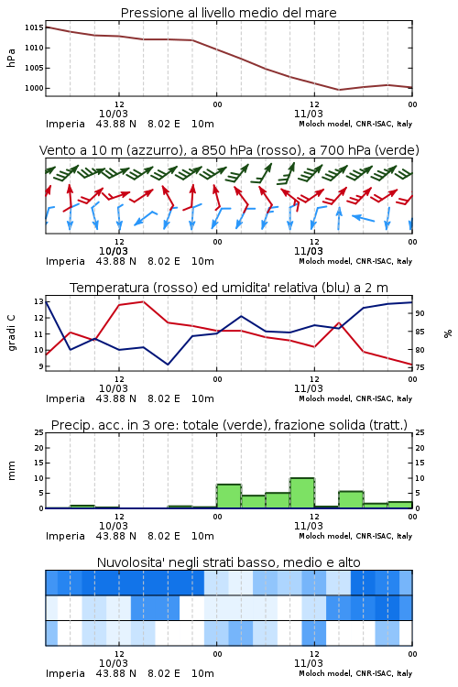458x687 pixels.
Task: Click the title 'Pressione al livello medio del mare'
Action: (228, 13)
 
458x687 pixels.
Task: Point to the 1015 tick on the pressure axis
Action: (34, 27)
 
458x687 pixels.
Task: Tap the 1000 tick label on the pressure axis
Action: (34, 88)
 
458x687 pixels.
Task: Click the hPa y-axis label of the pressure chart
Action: (11, 58)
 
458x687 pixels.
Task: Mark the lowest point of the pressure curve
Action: (339, 90)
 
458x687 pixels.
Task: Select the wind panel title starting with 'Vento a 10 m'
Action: (229, 150)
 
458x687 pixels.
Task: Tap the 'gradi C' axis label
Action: (11, 333)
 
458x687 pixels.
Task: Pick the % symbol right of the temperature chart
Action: (448, 333)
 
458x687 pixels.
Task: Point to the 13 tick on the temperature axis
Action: (38, 301)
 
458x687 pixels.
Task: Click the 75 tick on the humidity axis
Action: (420, 367)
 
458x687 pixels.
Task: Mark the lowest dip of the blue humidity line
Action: (168, 365)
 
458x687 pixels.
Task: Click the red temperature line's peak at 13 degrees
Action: (143, 301)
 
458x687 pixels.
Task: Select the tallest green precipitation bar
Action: (302, 493)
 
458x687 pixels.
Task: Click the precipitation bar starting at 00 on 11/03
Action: (229, 496)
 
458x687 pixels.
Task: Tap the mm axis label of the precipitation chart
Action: (11, 471)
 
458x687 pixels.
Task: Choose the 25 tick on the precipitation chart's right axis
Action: (420, 432)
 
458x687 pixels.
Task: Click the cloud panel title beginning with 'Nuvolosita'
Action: (228, 562)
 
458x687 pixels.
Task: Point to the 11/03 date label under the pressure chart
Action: (308, 114)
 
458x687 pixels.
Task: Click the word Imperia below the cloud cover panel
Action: (65, 673)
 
